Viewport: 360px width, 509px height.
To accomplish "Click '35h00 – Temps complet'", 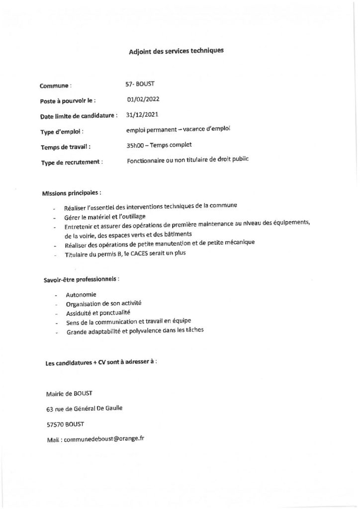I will coord(159,145).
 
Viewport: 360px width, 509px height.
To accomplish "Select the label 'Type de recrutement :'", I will coord(72,162).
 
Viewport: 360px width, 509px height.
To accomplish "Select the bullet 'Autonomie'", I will coord(81,295).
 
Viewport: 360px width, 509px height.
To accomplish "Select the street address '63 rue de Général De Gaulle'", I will coord(84,409).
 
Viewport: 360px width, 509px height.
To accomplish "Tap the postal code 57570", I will coord(54,424).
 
